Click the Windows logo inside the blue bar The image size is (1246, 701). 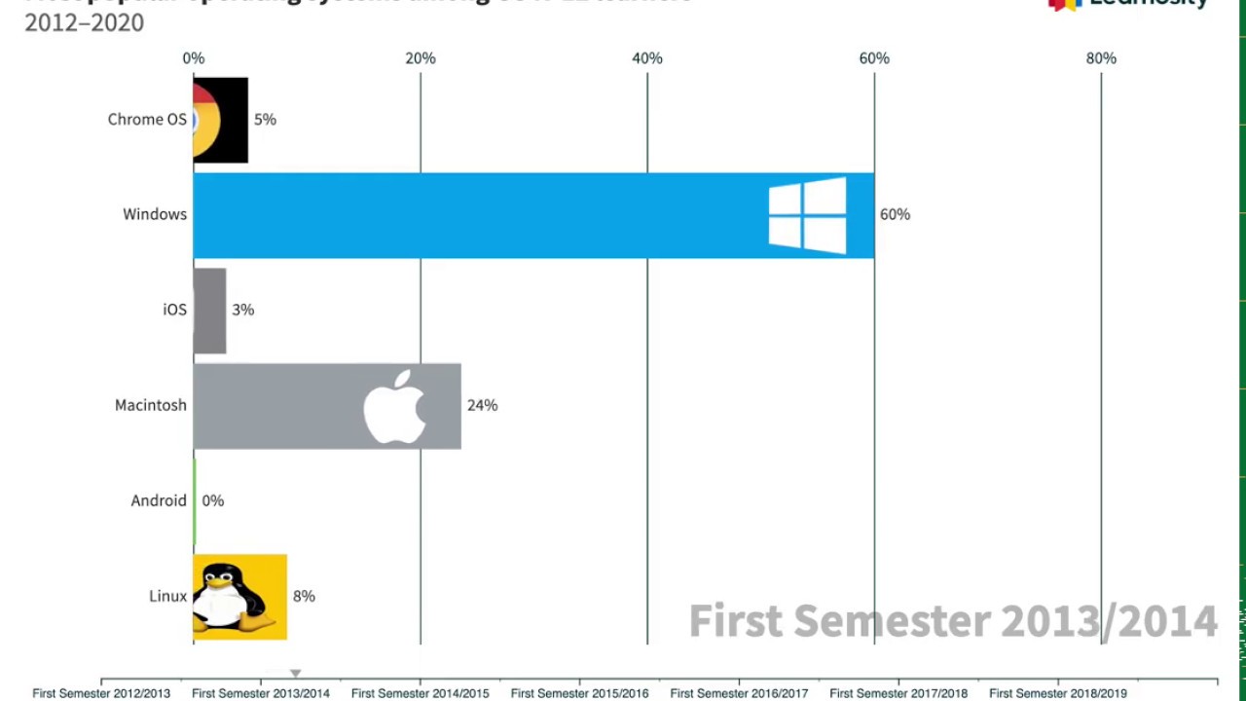(x=807, y=215)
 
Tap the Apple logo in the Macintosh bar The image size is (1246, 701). (x=395, y=406)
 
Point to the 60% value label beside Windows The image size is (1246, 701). (x=895, y=214)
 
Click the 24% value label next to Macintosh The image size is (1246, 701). (x=482, y=405)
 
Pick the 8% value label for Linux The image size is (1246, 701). (x=304, y=596)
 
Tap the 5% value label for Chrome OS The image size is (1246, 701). (x=265, y=120)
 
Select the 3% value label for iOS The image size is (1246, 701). (x=242, y=310)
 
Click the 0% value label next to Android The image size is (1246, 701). (x=212, y=500)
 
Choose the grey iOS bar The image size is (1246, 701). (x=210, y=311)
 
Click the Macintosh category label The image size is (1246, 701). (x=151, y=405)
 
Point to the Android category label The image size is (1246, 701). (x=159, y=500)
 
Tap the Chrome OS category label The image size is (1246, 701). (x=147, y=120)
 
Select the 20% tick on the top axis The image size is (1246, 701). (x=421, y=58)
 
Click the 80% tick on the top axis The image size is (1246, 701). (x=1101, y=58)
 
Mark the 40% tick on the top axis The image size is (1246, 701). (x=647, y=58)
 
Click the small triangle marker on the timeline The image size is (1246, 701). (x=296, y=673)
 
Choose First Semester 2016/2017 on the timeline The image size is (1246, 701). (x=739, y=693)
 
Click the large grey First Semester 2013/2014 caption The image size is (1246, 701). (x=953, y=620)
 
